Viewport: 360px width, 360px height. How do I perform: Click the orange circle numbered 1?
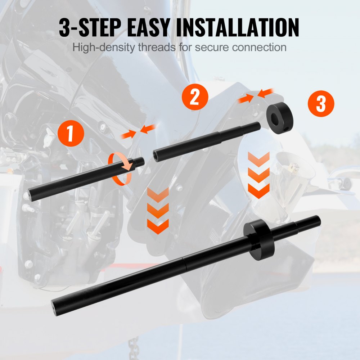pos(71,134)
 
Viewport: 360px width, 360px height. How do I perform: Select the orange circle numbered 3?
pos(321,104)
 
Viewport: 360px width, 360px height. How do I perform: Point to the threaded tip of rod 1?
pos(139,162)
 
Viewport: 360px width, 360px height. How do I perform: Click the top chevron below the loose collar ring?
pos(259,159)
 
